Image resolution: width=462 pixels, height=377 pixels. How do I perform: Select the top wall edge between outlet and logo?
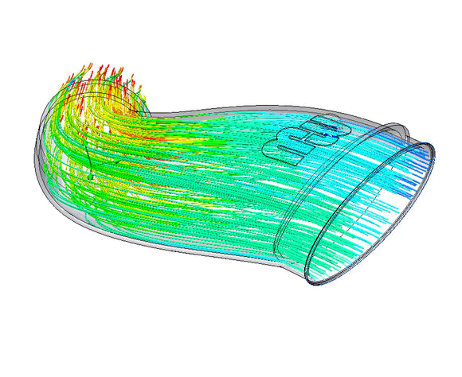point(215,106)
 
